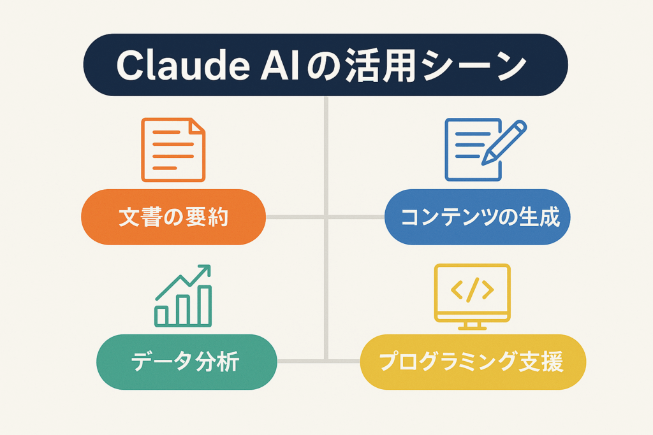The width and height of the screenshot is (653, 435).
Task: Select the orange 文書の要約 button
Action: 173,217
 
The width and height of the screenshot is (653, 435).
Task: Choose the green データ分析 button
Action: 186,362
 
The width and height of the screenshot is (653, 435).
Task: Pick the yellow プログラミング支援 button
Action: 472,362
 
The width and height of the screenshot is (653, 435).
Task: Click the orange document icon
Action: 173,149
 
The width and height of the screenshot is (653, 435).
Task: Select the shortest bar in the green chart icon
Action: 162,315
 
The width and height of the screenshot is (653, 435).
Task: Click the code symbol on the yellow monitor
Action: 472,290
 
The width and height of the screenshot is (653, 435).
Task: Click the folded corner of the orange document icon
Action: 197,126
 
